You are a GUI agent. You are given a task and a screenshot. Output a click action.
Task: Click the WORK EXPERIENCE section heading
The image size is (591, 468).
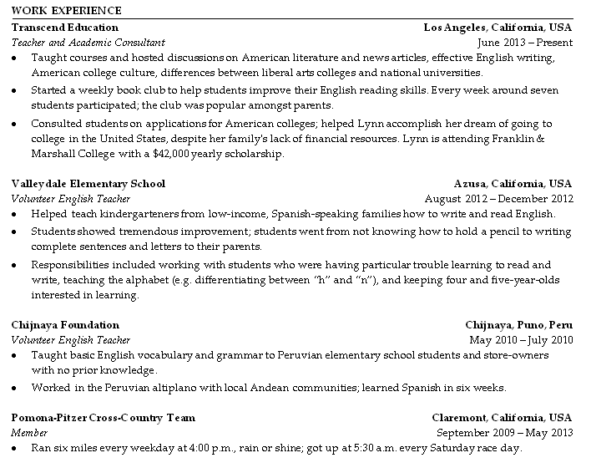67,11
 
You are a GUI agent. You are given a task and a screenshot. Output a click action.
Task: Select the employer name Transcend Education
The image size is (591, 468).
65,27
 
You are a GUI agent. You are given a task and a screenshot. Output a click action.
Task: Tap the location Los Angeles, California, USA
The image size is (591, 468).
498,27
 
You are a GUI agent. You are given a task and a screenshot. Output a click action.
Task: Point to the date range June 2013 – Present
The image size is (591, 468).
525,43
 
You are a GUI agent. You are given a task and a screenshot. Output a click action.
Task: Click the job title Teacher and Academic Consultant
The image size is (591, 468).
88,43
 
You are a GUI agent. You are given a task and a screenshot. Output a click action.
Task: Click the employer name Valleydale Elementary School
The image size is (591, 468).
88,183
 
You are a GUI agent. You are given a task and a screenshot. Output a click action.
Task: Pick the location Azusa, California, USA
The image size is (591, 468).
513,183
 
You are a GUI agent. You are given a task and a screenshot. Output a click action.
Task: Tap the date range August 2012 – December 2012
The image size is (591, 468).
499,199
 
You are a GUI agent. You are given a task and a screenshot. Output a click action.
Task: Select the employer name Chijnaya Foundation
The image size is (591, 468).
66,324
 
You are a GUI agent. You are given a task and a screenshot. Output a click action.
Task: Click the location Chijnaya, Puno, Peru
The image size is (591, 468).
518,324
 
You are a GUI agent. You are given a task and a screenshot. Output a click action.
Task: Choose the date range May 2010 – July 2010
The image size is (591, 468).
522,340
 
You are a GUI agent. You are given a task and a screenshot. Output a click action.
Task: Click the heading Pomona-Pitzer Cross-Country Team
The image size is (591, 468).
104,417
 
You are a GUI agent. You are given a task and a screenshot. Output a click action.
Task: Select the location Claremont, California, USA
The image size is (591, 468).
502,417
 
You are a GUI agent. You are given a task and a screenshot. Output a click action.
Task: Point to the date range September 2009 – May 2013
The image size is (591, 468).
505,433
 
